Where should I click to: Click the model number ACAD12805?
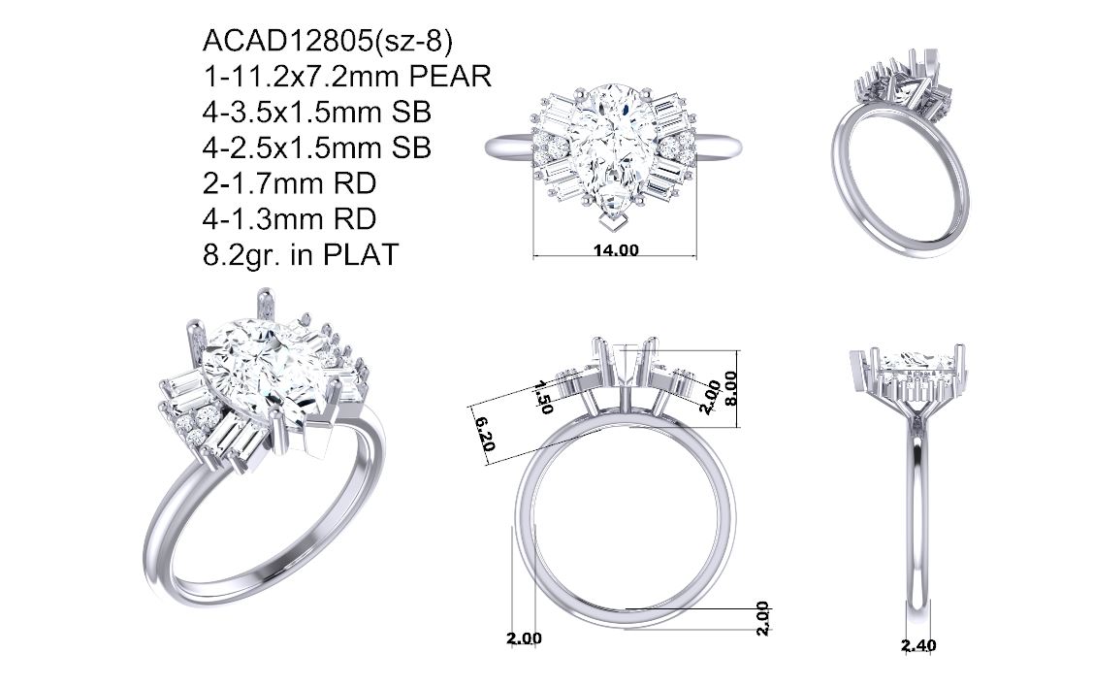(287, 42)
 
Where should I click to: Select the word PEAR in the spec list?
(450, 77)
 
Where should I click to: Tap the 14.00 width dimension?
(616, 250)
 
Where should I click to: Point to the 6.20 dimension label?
(485, 434)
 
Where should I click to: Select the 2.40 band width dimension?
(918, 646)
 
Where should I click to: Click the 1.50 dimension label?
(543, 397)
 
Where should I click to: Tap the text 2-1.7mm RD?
(289, 183)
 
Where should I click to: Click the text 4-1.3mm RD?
(289, 219)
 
